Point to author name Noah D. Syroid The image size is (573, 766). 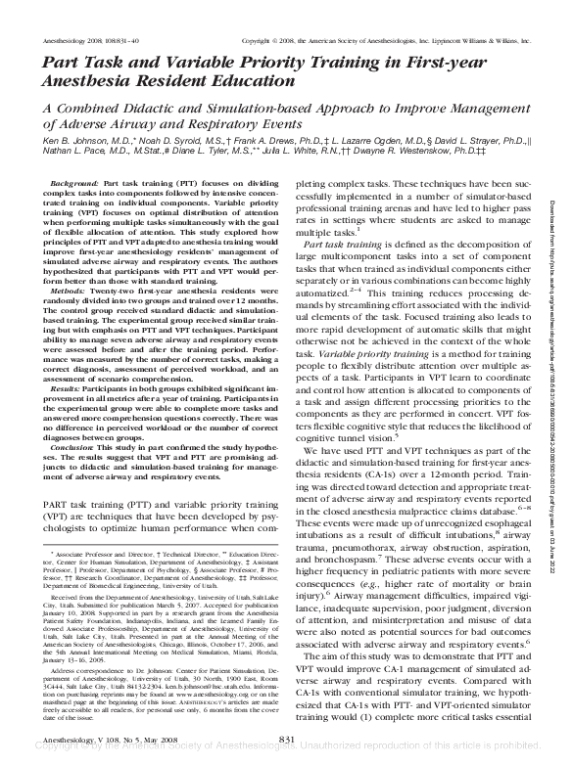pyautogui.click(x=153, y=142)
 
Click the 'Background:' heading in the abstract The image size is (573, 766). pyautogui.click(x=74, y=184)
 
